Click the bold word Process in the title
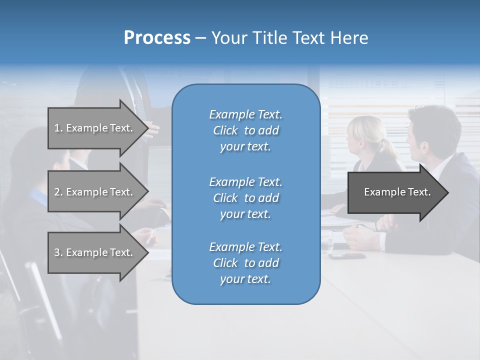(157, 38)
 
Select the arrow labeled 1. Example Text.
(93, 128)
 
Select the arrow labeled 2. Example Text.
(93, 192)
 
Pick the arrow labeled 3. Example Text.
(93, 252)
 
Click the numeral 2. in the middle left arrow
(58, 192)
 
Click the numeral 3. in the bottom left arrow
(58, 252)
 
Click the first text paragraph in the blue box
(245, 130)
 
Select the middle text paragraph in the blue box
(245, 198)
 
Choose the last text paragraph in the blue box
(245, 263)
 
